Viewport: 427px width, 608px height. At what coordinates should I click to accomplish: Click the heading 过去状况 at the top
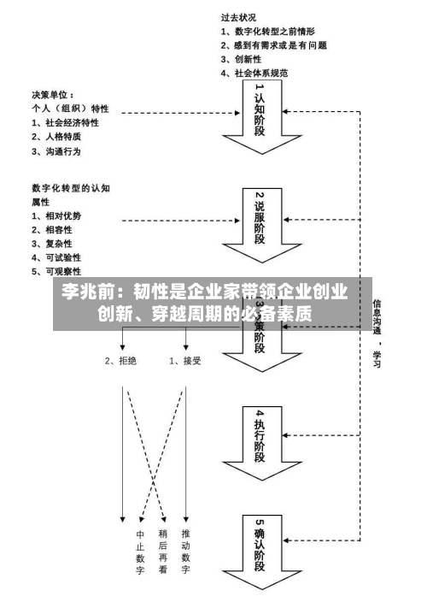point(239,16)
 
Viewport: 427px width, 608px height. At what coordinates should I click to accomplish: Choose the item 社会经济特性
point(64,122)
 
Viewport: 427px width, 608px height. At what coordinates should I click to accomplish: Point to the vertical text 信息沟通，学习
point(377,334)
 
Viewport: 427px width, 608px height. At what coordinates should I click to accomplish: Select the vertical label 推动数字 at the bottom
point(185,552)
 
